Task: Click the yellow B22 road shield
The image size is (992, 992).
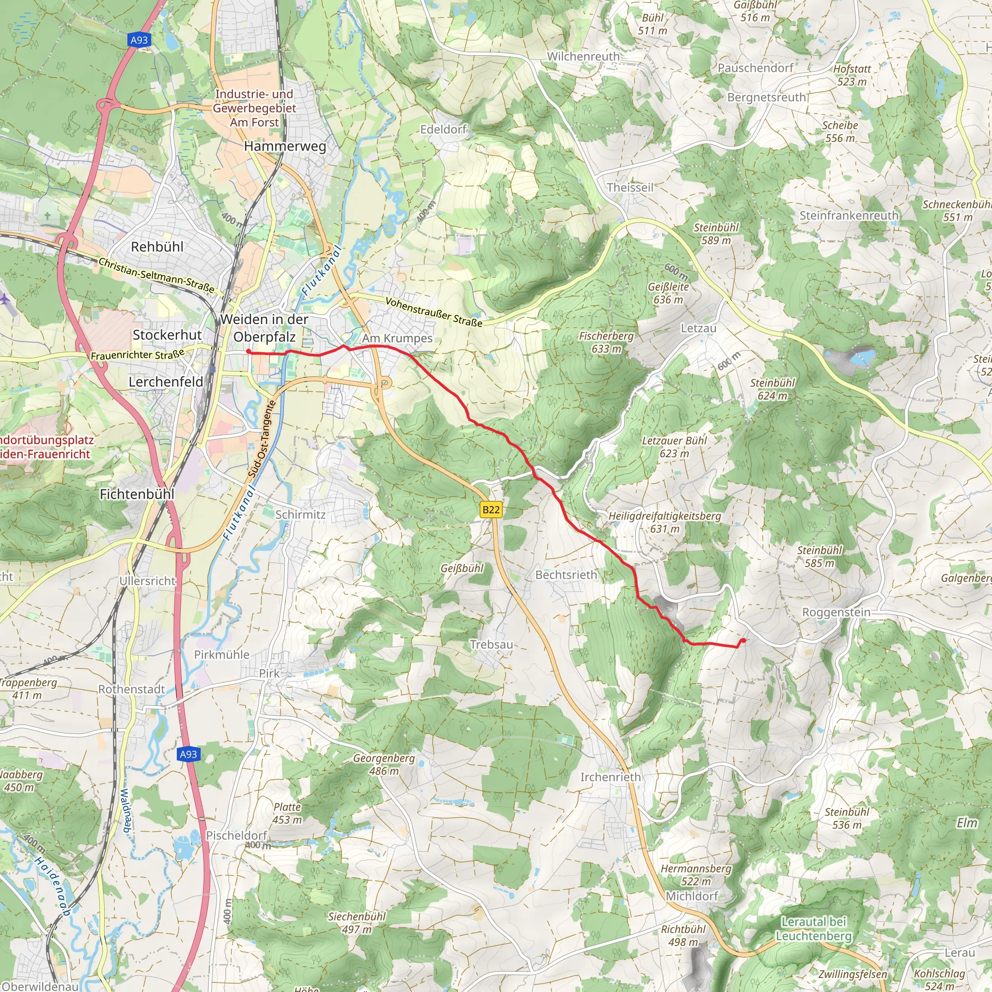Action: tap(490, 510)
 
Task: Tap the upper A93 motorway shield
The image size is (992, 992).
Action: tap(139, 40)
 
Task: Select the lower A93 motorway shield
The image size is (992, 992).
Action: tap(188, 754)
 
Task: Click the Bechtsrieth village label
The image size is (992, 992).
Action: tap(566, 575)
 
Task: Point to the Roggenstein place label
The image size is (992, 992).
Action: tap(836, 613)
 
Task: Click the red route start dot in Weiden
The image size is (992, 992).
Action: tap(248, 352)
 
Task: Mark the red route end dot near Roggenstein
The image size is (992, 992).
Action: tap(743, 640)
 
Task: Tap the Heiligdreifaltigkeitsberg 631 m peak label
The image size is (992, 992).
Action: tap(665, 522)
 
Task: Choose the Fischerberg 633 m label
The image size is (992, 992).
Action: tap(606, 342)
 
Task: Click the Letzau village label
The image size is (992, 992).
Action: tap(698, 328)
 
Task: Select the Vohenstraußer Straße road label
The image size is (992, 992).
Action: tap(434, 312)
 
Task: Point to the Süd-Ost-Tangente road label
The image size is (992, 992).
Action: tap(263, 439)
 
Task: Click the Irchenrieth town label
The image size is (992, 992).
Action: tap(610, 777)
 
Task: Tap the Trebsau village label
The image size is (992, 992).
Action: tap(491, 644)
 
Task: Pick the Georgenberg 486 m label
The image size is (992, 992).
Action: tap(384, 764)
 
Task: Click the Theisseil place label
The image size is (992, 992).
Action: tap(630, 187)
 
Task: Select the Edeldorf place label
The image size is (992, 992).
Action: tap(443, 129)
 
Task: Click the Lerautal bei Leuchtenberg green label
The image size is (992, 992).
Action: tap(813, 929)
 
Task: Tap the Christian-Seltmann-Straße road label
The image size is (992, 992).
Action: tap(156, 275)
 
